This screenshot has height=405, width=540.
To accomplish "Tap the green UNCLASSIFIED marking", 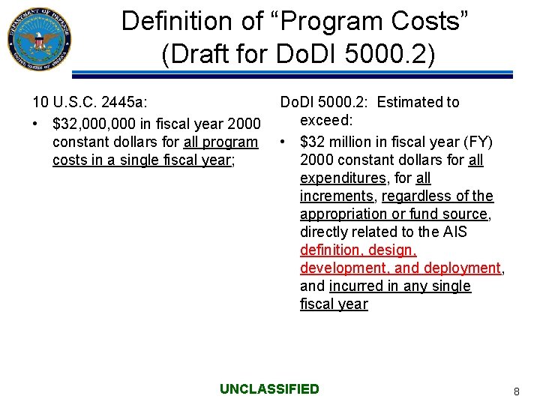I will [269, 388].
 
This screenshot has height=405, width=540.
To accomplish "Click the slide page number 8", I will [516, 391].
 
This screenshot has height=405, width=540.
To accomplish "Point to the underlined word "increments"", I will [337, 196].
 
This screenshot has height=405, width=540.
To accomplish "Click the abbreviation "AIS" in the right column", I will [454, 232].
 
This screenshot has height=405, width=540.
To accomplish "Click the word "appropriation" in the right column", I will [342, 214].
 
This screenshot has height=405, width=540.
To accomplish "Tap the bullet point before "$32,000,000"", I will [35, 123].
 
